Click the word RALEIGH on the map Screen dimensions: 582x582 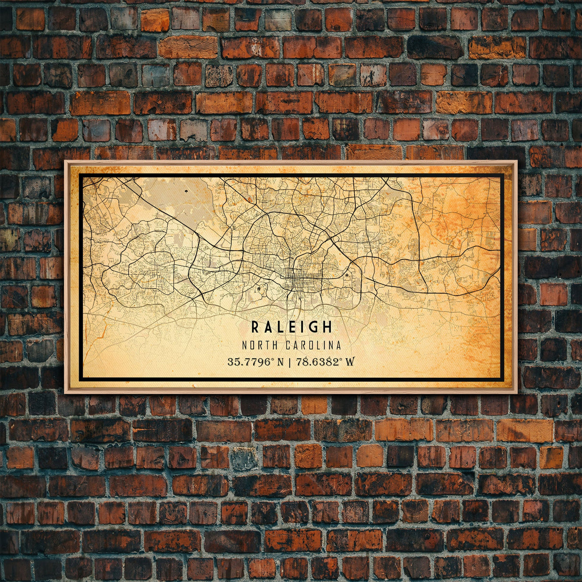(x=291, y=327)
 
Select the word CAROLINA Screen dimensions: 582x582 (x=314, y=345)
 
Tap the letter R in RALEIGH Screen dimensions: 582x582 (x=255, y=327)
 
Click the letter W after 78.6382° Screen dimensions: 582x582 (x=350, y=361)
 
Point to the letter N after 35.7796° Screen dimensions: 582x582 (x=281, y=361)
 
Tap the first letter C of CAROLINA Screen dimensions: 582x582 (x=289, y=345)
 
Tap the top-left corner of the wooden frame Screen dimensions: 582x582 (x=66, y=162)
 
